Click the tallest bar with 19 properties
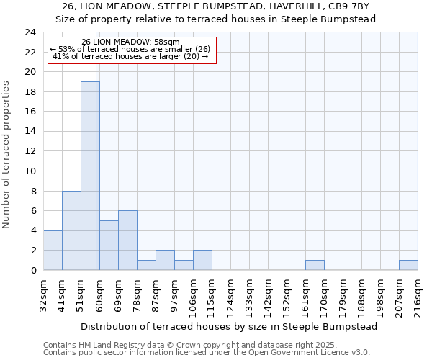click(x=90, y=176)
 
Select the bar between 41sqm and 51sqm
click(x=71, y=230)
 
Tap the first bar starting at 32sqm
click(x=53, y=250)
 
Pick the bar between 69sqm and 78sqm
click(x=127, y=240)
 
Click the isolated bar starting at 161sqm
click(x=315, y=265)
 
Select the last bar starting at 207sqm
click(x=408, y=265)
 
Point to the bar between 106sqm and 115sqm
click(x=202, y=260)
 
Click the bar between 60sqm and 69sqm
click(x=109, y=245)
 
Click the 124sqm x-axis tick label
click(x=231, y=297)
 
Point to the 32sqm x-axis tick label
click(x=44, y=297)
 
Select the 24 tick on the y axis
click(x=30, y=32)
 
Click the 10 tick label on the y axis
click(x=30, y=171)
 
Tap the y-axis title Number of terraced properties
click(x=7, y=155)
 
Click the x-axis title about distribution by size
click(x=229, y=326)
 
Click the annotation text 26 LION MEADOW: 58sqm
click(x=131, y=42)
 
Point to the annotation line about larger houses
click(x=131, y=56)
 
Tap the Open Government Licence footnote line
click(x=207, y=353)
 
